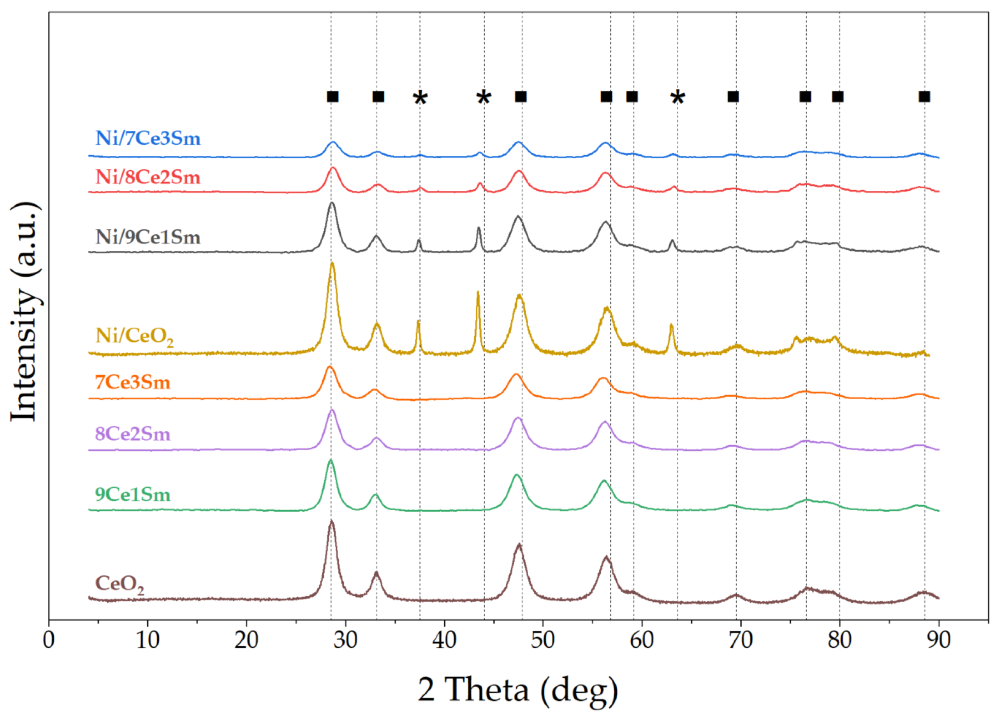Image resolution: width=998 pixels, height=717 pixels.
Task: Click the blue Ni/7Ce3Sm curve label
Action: (148, 139)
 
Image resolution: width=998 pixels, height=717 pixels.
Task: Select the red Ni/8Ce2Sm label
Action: (148, 177)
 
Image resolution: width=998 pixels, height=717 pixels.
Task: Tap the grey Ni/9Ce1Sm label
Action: (148, 237)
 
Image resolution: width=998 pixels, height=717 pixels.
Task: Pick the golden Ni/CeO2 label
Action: (134, 336)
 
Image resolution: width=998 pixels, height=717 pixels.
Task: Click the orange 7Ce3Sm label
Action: (133, 382)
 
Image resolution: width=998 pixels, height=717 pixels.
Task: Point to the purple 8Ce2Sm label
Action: (133, 434)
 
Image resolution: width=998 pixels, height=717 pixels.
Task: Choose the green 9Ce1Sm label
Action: (133, 495)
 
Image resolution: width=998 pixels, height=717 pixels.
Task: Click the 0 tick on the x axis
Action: (49, 640)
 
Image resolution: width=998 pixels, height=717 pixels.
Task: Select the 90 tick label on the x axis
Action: (939, 640)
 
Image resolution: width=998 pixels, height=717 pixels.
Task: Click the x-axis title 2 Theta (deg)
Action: (518, 690)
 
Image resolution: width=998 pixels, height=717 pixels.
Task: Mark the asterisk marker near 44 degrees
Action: (483, 98)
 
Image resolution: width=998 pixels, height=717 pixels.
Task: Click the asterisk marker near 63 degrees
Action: (678, 98)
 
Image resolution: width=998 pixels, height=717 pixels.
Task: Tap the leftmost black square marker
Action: (333, 96)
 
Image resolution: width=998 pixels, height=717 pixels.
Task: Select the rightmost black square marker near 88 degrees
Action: (924, 96)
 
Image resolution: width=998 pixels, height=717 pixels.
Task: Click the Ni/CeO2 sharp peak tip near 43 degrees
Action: (478, 292)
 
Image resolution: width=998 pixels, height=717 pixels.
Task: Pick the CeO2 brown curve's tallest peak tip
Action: (331, 521)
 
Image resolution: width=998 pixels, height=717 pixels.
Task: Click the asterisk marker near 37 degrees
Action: (420, 98)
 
